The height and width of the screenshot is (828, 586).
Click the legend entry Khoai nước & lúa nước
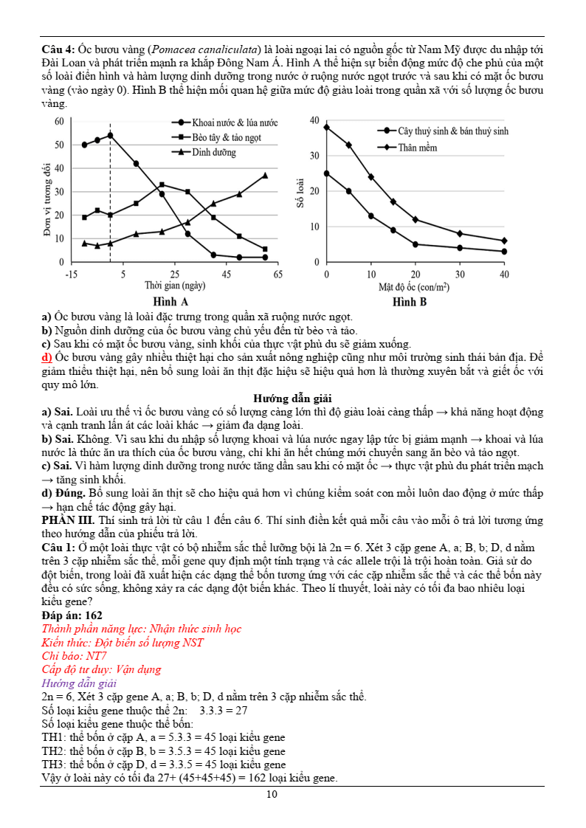tap(235, 123)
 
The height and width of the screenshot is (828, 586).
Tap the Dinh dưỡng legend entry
tap(214, 153)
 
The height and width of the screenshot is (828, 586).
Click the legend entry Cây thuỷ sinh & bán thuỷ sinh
tap(453, 131)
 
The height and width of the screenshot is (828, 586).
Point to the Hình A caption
tap(170, 302)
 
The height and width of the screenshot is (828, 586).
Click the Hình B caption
tap(410, 302)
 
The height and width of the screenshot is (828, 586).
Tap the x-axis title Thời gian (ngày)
tap(175, 286)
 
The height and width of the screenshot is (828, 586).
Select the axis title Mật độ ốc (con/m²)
tap(414, 286)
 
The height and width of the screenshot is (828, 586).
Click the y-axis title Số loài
tap(300, 192)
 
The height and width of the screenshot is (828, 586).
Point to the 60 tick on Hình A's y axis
tap(59, 121)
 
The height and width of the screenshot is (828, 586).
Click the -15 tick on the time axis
tap(72, 275)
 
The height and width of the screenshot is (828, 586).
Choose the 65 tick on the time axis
tap(278, 275)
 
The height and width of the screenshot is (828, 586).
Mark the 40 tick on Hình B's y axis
tap(314, 121)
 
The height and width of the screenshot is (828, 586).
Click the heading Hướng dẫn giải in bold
tap(292, 399)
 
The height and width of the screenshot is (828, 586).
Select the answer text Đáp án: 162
tap(72, 615)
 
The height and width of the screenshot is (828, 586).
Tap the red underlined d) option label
tap(47, 358)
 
